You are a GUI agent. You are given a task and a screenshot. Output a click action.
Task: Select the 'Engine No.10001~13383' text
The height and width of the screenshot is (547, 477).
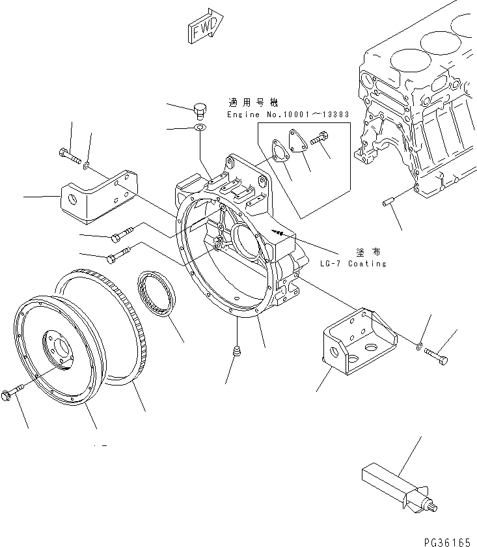(x=288, y=115)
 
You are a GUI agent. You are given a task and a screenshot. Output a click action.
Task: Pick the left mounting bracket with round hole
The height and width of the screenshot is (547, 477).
(x=98, y=193)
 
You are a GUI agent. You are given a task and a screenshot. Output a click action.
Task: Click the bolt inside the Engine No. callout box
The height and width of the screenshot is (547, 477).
(x=320, y=139)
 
